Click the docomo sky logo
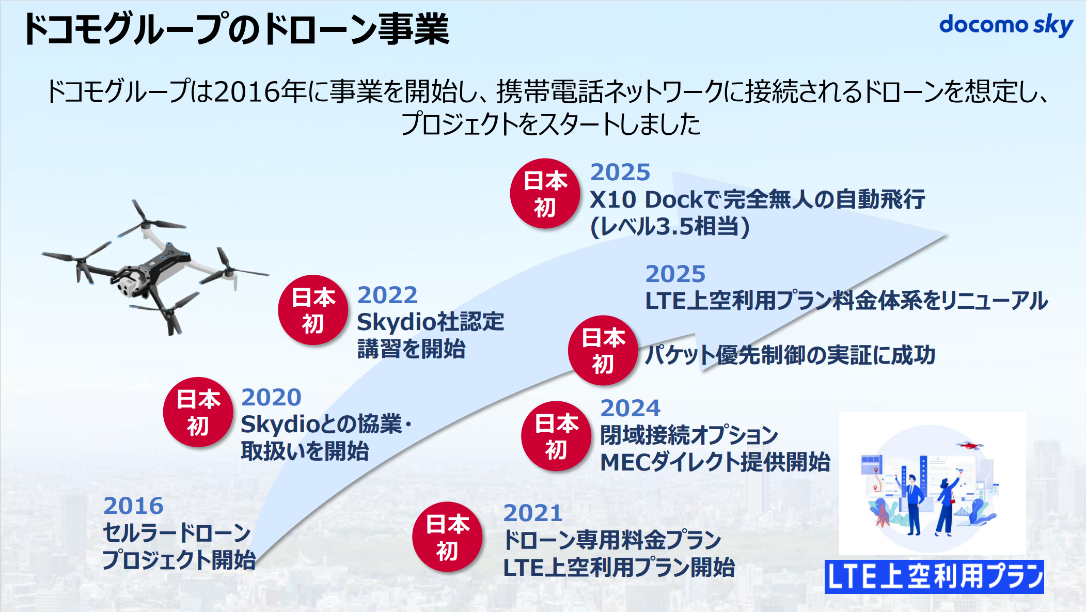point(1006,25)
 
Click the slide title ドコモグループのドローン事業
point(235,29)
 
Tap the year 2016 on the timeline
point(133,506)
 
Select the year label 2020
point(271,397)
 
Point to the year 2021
point(533,513)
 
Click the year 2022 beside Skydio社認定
point(387,295)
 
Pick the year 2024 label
point(630,408)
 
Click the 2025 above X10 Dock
point(620,172)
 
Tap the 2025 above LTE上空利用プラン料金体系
point(675,274)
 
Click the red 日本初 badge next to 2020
point(198,412)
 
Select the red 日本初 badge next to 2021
point(447,537)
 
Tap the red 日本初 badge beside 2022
point(313,310)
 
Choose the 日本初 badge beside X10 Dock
point(545,193)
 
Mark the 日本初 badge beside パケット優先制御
point(603,350)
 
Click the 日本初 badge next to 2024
point(556,436)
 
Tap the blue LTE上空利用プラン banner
point(934,576)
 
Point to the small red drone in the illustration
point(969,445)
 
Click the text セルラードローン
point(177,533)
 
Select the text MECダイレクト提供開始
point(715,462)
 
